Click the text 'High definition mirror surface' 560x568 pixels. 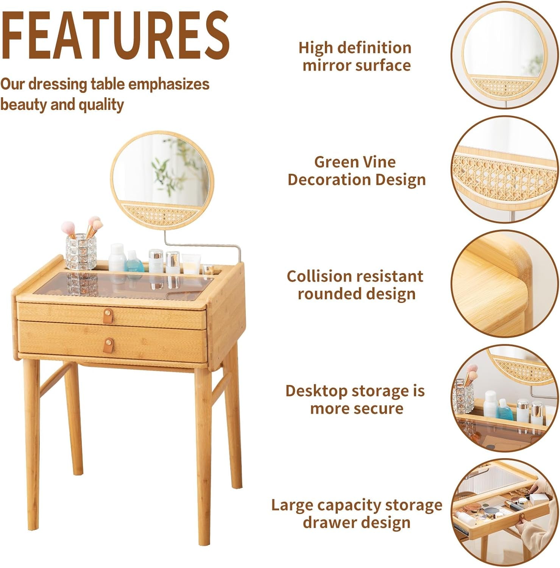click(x=356, y=56)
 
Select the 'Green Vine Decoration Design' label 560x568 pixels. click(x=356, y=171)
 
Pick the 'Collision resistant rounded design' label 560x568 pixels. click(x=355, y=285)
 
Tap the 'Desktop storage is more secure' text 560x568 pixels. click(x=355, y=399)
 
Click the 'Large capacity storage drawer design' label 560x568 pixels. click(x=356, y=513)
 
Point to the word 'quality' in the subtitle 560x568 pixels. click(x=101, y=105)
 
